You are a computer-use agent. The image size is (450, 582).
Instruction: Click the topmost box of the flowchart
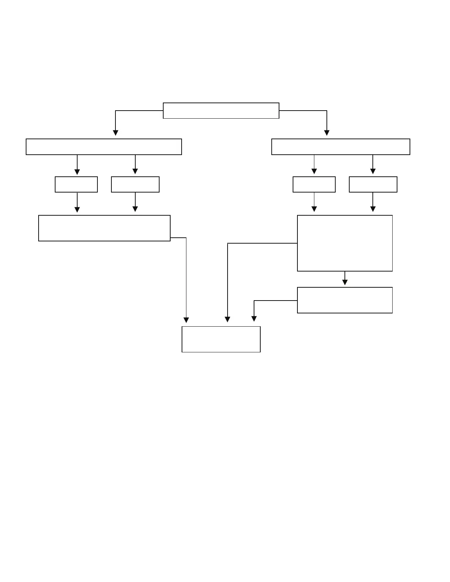[221, 111]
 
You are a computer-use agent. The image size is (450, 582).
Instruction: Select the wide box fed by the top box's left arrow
[104, 147]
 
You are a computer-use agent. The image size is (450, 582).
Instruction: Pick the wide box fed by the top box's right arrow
[340, 147]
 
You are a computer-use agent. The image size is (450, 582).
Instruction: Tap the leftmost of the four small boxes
[76, 184]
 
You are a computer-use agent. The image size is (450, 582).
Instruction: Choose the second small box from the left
[135, 184]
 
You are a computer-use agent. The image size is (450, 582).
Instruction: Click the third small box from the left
[314, 184]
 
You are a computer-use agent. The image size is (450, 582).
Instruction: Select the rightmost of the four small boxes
[373, 184]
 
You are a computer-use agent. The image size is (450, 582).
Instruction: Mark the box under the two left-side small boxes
[104, 228]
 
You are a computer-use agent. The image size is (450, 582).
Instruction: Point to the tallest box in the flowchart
[345, 243]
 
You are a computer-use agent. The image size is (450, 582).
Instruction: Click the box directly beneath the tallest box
[345, 300]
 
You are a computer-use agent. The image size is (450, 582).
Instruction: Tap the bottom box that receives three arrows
[221, 339]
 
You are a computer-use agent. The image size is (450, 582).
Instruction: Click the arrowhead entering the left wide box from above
[115, 133]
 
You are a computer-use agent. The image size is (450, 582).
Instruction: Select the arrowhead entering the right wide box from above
[326, 133]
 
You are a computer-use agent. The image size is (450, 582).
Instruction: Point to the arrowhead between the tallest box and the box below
[345, 282]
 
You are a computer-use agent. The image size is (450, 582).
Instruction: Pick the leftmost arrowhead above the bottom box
[186, 320]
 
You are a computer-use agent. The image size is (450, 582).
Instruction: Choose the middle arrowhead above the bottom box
[228, 319]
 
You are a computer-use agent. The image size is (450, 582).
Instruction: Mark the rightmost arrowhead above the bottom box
[254, 319]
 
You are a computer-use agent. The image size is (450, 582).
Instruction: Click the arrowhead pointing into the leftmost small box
[77, 172]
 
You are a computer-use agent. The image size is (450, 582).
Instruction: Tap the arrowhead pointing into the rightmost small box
[373, 171]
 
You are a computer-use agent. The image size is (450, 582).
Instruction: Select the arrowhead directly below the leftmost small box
[77, 209]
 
